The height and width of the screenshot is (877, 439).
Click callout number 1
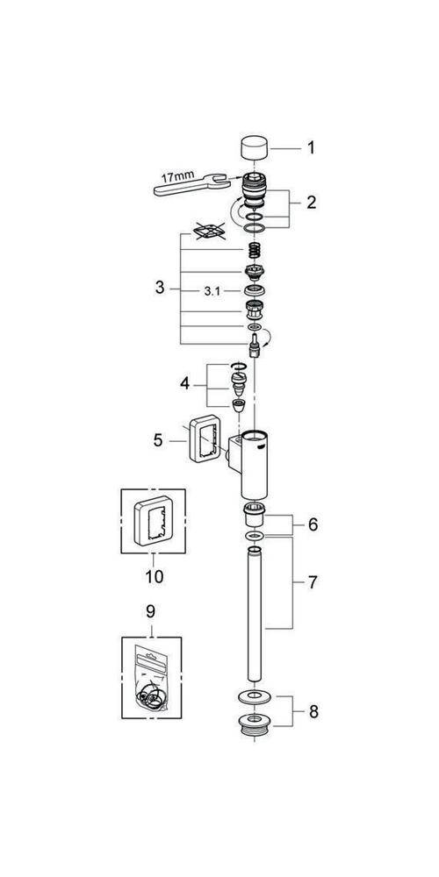pos(310,148)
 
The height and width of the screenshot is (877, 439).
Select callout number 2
pos(310,203)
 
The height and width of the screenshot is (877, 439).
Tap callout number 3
pos(159,287)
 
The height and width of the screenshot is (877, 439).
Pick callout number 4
pos(184,383)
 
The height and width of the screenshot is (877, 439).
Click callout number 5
pos(158,439)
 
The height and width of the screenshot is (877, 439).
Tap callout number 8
pos(313,711)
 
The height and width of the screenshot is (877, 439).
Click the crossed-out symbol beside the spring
pos(209,232)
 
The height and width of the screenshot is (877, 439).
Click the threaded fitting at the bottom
pos(255,726)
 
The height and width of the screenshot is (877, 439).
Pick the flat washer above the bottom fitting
pos(255,699)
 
